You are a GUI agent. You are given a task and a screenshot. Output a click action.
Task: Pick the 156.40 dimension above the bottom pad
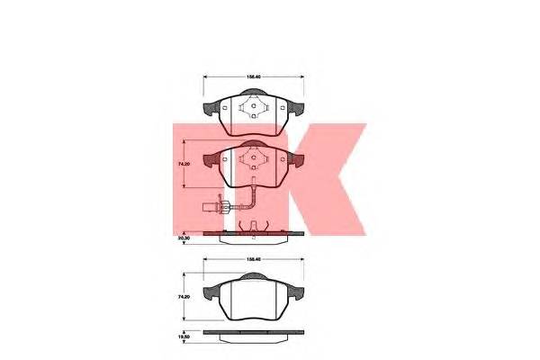click(x=255, y=262)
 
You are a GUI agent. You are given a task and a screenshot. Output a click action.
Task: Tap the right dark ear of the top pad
click(x=296, y=112)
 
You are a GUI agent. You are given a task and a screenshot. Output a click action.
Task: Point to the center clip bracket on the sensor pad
click(x=255, y=163)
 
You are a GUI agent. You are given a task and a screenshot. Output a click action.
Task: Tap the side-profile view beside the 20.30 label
click(x=255, y=237)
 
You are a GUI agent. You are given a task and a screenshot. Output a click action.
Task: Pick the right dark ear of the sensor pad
click(x=296, y=163)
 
